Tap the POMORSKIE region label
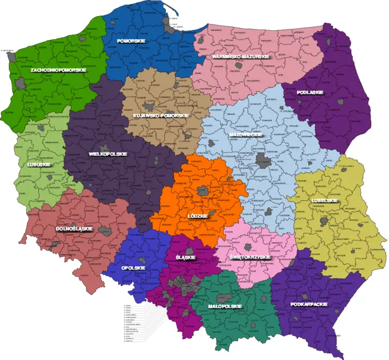point(130,41)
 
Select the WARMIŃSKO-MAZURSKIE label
point(240,57)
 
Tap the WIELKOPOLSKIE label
point(108,154)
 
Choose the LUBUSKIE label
point(38,165)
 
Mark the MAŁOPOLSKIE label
point(224,306)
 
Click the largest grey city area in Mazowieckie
point(263,160)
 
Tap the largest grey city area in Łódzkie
point(201,191)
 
